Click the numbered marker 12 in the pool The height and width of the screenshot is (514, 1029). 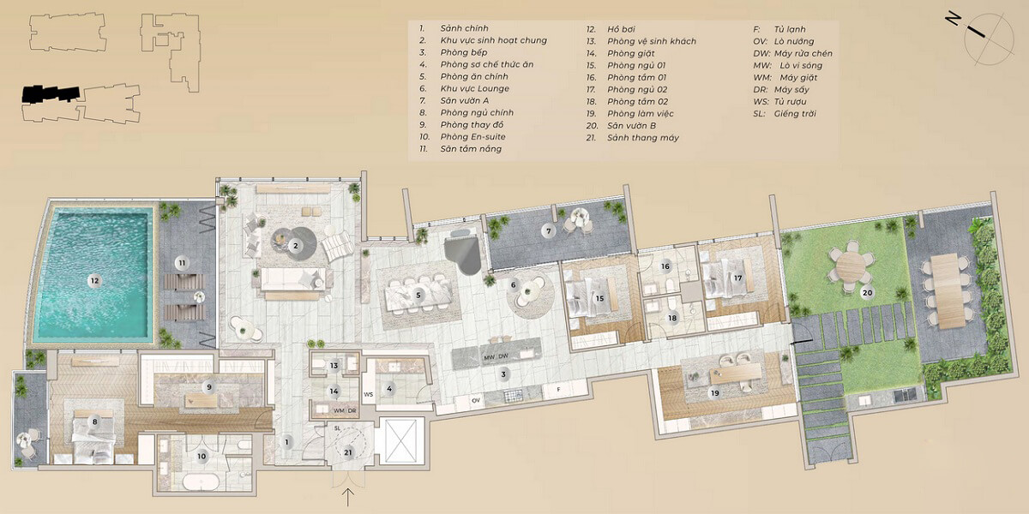(94, 281)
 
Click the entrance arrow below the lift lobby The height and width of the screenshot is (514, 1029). (349, 497)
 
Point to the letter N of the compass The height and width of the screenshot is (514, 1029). (953, 19)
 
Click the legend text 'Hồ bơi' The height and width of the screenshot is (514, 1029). (621, 29)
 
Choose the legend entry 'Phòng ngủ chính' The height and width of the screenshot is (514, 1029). (477, 113)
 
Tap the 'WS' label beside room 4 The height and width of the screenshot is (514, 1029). (369, 394)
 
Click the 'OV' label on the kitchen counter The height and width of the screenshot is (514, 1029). (476, 401)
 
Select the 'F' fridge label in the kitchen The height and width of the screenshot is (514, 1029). (558, 390)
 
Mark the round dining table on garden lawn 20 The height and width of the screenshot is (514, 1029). (851, 266)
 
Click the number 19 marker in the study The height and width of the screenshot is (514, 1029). (715, 393)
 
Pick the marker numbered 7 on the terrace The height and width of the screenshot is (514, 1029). (549, 230)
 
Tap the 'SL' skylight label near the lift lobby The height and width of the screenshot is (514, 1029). (338, 428)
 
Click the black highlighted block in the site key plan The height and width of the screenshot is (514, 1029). (51, 93)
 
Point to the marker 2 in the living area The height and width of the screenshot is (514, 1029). (296, 246)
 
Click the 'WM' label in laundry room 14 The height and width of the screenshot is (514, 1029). (339, 410)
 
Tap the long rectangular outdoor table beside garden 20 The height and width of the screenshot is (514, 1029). (948, 291)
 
